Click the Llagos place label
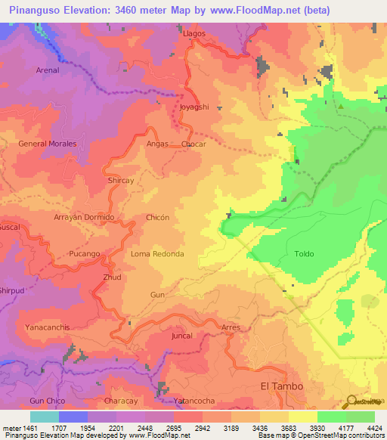pos(194,35)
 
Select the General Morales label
pos(43,144)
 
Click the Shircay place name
pos(121,181)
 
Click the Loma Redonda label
pos(157,254)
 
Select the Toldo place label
pos(304,254)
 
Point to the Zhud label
pos(112,277)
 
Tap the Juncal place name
pos(182,335)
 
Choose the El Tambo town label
pos(282,386)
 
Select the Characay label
pos(121,400)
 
